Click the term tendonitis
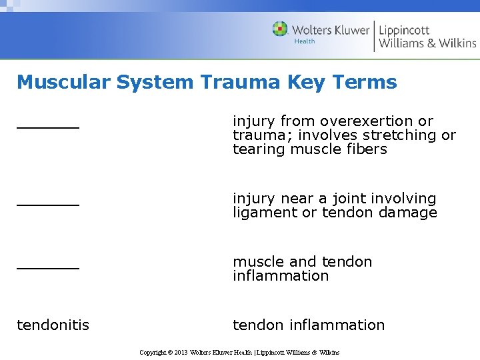tap(53, 325)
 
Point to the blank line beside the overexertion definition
tap(48, 125)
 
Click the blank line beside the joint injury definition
tap(48, 203)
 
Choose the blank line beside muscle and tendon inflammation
tap(48, 266)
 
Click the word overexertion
tap(367, 121)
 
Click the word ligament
tap(265, 213)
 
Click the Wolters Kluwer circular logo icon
tap(280, 29)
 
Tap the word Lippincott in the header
tap(404, 30)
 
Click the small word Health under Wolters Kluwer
tap(305, 41)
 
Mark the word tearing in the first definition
tap(258, 149)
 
